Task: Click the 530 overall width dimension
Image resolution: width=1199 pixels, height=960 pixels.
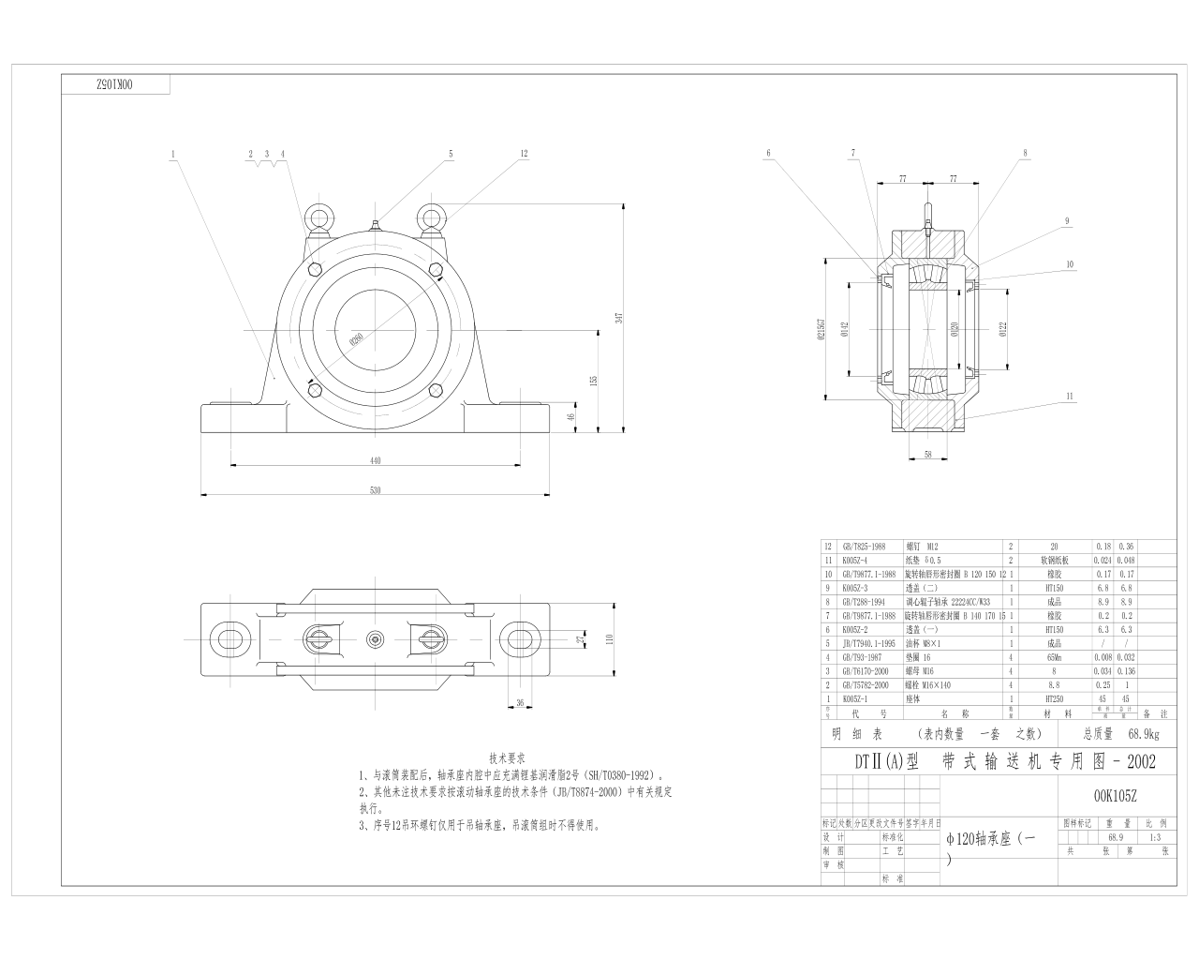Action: [x=376, y=489]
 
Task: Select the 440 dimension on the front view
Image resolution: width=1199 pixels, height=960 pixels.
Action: [x=376, y=460]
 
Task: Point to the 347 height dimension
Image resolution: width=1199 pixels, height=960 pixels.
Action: [x=618, y=319]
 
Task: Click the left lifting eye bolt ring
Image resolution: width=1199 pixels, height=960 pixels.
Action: [x=318, y=217]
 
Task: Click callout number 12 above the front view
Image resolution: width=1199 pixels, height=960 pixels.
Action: [x=524, y=153]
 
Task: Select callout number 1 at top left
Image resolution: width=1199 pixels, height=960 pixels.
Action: [x=173, y=153]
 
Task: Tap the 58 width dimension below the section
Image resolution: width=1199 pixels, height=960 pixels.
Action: [x=927, y=454]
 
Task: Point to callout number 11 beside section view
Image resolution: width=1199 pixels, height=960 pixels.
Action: [x=1068, y=397]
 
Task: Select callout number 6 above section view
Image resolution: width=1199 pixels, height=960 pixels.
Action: [x=768, y=153]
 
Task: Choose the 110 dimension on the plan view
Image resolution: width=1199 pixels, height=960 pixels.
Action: [x=608, y=638]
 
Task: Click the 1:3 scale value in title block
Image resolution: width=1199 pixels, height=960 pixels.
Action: [x=1153, y=837]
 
